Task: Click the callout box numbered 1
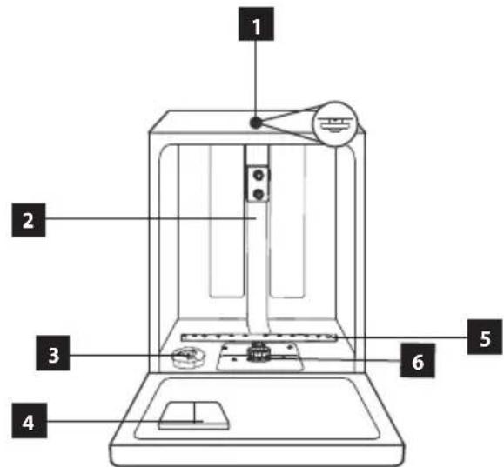point(256,24)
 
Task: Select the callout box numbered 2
point(29,220)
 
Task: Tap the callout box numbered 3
point(53,353)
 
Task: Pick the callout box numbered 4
point(30,420)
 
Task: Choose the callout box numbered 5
point(485,337)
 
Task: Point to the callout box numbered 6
point(417,360)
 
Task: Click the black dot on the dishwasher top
point(256,123)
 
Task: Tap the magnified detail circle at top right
point(335,123)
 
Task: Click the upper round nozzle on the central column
point(259,176)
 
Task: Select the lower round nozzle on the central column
point(259,194)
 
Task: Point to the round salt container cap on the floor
point(188,357)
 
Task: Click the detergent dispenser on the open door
point(194,416)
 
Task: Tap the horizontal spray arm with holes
point(259,337)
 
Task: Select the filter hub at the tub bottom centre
point(257,353)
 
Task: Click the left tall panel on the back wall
point(226,222)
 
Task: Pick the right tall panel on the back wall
point(287,222)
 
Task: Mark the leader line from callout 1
point(256,79)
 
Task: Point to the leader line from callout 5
point(400,337)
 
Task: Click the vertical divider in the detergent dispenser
point(194,413)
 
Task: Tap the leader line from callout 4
point(124,421)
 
